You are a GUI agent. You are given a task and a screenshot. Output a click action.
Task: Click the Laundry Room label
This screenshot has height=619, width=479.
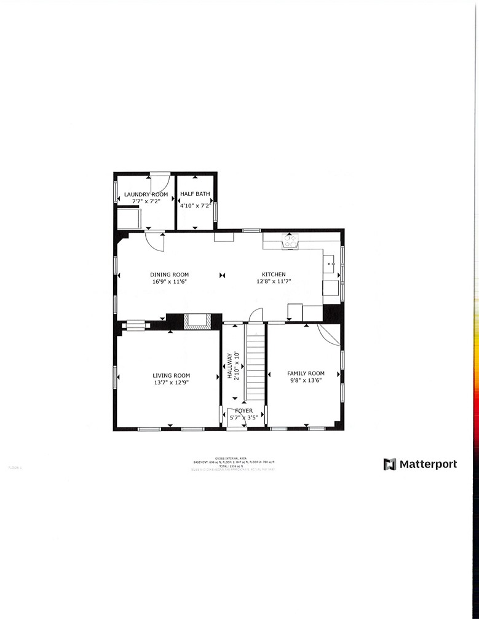(x=146, y=195)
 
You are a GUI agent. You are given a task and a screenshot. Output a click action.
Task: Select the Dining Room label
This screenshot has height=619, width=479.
(x=170, y=274)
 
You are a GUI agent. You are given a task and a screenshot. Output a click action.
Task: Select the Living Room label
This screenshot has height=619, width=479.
(x=171, y=375)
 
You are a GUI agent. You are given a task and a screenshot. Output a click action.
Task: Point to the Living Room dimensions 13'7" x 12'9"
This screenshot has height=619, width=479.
(x=171, y=383)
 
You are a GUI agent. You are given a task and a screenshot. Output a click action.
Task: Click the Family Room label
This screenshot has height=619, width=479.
(x=306, y=373)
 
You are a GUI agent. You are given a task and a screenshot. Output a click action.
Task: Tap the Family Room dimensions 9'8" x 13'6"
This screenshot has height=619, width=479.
(x=306, y=380)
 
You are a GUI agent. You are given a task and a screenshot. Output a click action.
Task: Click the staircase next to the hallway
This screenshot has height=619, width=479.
(x=255, y=362)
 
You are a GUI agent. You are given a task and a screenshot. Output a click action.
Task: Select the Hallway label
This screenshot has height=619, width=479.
(x=229, y=366)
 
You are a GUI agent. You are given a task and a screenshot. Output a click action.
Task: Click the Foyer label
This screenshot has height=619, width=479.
(x=243, y=410)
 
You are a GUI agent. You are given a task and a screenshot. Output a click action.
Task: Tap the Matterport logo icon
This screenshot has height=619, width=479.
(x=390, y=464)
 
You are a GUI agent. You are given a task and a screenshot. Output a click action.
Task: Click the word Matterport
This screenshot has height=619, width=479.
(x=429, y=464)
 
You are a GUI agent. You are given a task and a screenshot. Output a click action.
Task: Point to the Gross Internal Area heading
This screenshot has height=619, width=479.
(x=237, y=458)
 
